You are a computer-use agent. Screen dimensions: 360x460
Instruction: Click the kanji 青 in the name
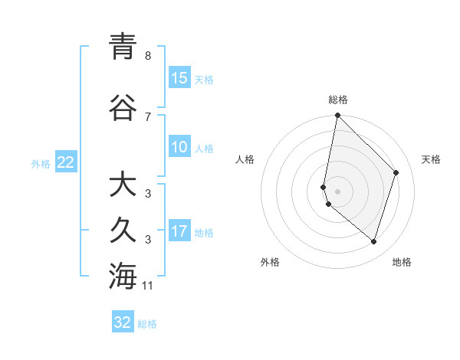123,47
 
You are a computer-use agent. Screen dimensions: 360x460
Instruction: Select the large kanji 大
123,185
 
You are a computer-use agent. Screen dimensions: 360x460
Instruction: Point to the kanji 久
123,231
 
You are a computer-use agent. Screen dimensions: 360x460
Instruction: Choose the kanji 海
123,276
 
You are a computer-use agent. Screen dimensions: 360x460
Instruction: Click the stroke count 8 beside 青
147,56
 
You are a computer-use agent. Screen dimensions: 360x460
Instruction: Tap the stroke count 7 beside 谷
147,116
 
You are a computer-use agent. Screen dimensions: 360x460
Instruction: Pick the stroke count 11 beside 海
149,286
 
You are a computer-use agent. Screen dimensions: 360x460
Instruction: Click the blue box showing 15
179,78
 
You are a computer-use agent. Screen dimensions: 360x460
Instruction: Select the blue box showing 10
179,147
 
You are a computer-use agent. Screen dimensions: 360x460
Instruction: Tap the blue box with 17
179,231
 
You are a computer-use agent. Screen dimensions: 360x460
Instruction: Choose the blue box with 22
66,162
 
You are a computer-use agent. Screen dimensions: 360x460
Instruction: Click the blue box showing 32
123,322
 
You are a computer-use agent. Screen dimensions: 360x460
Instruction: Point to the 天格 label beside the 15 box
204,79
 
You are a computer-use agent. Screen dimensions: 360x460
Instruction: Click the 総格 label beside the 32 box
147,324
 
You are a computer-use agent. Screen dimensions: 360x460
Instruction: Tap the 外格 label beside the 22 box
41,163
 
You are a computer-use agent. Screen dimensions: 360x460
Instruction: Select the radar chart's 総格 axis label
338,100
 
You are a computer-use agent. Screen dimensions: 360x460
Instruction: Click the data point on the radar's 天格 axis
396,172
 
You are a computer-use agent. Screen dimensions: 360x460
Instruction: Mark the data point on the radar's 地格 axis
373,241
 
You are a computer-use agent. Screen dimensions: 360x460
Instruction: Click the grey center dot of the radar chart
338,191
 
